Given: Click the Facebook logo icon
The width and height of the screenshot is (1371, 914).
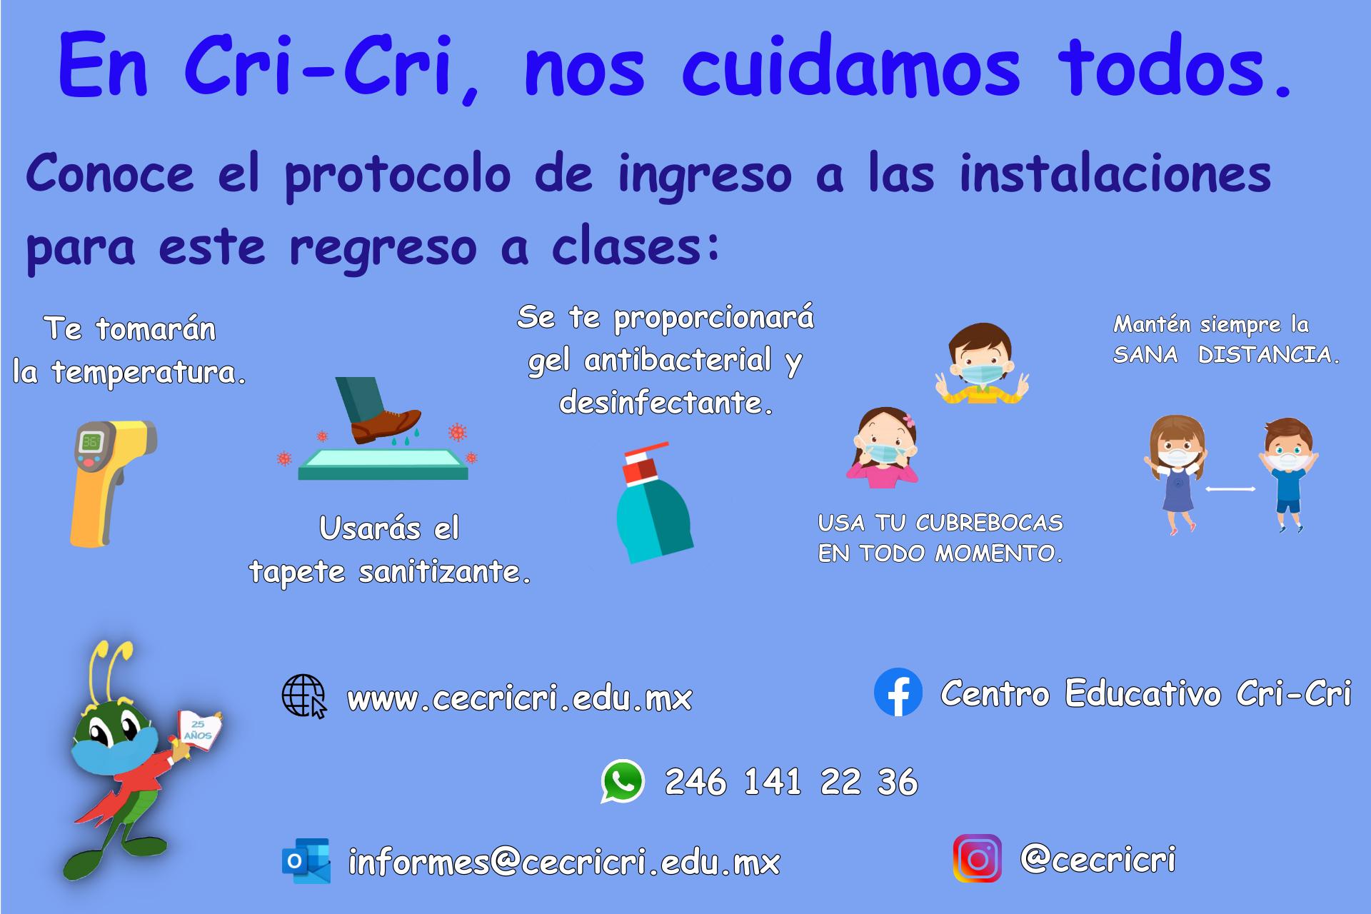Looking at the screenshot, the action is [x=898, y=692].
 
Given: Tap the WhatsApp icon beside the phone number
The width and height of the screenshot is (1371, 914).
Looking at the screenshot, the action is [x=623, y=781].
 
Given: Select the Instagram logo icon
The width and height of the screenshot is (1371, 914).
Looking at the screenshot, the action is [x=978, y=858].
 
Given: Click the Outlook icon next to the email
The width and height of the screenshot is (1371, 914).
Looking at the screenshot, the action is [x=306, y=860].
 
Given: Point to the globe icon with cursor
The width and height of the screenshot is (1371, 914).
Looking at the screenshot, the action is [x=304, y=696].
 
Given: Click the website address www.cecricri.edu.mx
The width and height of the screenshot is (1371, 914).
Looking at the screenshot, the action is [x=520, y=698].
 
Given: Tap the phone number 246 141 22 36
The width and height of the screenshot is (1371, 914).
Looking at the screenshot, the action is [x=791, y=781].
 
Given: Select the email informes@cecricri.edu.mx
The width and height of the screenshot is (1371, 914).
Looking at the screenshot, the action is [x=564, y=861].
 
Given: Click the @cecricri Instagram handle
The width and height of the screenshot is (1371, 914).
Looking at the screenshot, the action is [x=1098, y=858].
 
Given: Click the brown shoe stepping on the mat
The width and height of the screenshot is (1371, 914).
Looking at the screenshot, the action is [x=385, y=425].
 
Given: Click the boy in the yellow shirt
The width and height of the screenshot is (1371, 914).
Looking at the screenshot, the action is [x=982, y=363].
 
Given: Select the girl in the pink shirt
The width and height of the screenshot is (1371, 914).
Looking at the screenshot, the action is [x=883, y=448].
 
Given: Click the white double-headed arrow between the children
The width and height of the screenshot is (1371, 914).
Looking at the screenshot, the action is [x=1230, y=489].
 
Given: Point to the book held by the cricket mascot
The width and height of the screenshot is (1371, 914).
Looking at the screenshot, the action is [x=200, y=729].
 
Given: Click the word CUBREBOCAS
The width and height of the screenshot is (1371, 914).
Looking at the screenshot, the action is [x=990, y=523].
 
